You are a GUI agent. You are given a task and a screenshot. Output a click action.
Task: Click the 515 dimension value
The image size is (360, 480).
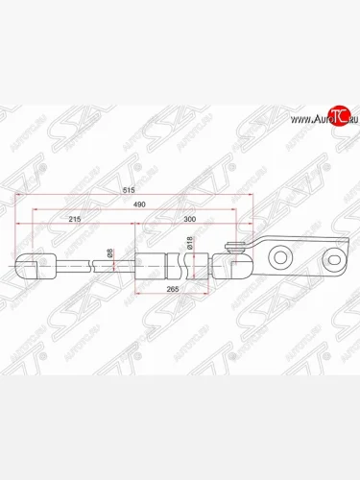point(142,191)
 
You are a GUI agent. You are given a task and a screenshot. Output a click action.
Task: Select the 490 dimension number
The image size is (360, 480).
point(141,205)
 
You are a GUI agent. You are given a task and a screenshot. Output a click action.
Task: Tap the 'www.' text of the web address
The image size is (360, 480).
point(295,119)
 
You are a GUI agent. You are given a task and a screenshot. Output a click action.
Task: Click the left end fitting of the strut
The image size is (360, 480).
point(31,261)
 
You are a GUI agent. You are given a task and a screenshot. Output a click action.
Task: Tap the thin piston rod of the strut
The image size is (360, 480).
point(96,261)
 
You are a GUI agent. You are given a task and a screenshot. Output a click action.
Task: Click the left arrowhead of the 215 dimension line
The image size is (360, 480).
point(35,227)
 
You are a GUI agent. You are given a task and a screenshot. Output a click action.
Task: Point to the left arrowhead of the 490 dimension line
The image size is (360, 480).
point(35,212)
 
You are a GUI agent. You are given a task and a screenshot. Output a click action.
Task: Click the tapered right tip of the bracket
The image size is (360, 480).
point(345,255)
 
